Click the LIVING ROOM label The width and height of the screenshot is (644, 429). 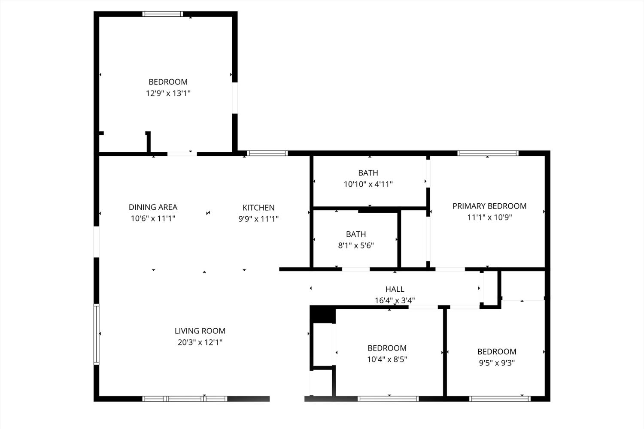coord(200,331)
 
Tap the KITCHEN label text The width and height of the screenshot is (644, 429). coord(258,208)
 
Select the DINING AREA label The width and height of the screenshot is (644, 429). coord(153,207)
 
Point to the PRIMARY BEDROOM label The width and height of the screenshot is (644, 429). coord(489,206)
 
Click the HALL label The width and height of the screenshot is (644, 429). coord(395,289)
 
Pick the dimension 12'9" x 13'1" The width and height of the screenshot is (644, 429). coord(168,93)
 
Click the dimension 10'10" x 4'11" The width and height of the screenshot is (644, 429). coord(368,184)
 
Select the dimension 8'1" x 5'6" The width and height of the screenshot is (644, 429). coord(356,245)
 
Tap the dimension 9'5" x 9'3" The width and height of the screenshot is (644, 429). coord(497,363)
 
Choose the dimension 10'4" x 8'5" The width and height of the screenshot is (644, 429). coord(387,360)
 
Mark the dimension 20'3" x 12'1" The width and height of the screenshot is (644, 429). coord(200,342)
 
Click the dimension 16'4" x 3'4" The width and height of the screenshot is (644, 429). coord(395,300)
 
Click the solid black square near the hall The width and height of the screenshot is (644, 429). coord(322,314)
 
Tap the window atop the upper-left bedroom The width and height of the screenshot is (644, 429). coord(163,14)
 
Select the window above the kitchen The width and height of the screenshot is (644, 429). coord(267,153)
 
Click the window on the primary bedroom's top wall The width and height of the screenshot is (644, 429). coord(488,153)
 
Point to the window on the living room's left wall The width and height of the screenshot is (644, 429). coord(97,334)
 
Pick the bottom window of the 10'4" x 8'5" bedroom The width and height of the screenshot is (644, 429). coord(388,399)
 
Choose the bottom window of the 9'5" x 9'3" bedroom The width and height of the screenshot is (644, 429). coord(500,399)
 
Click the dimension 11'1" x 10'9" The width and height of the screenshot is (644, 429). coord(489,218)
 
